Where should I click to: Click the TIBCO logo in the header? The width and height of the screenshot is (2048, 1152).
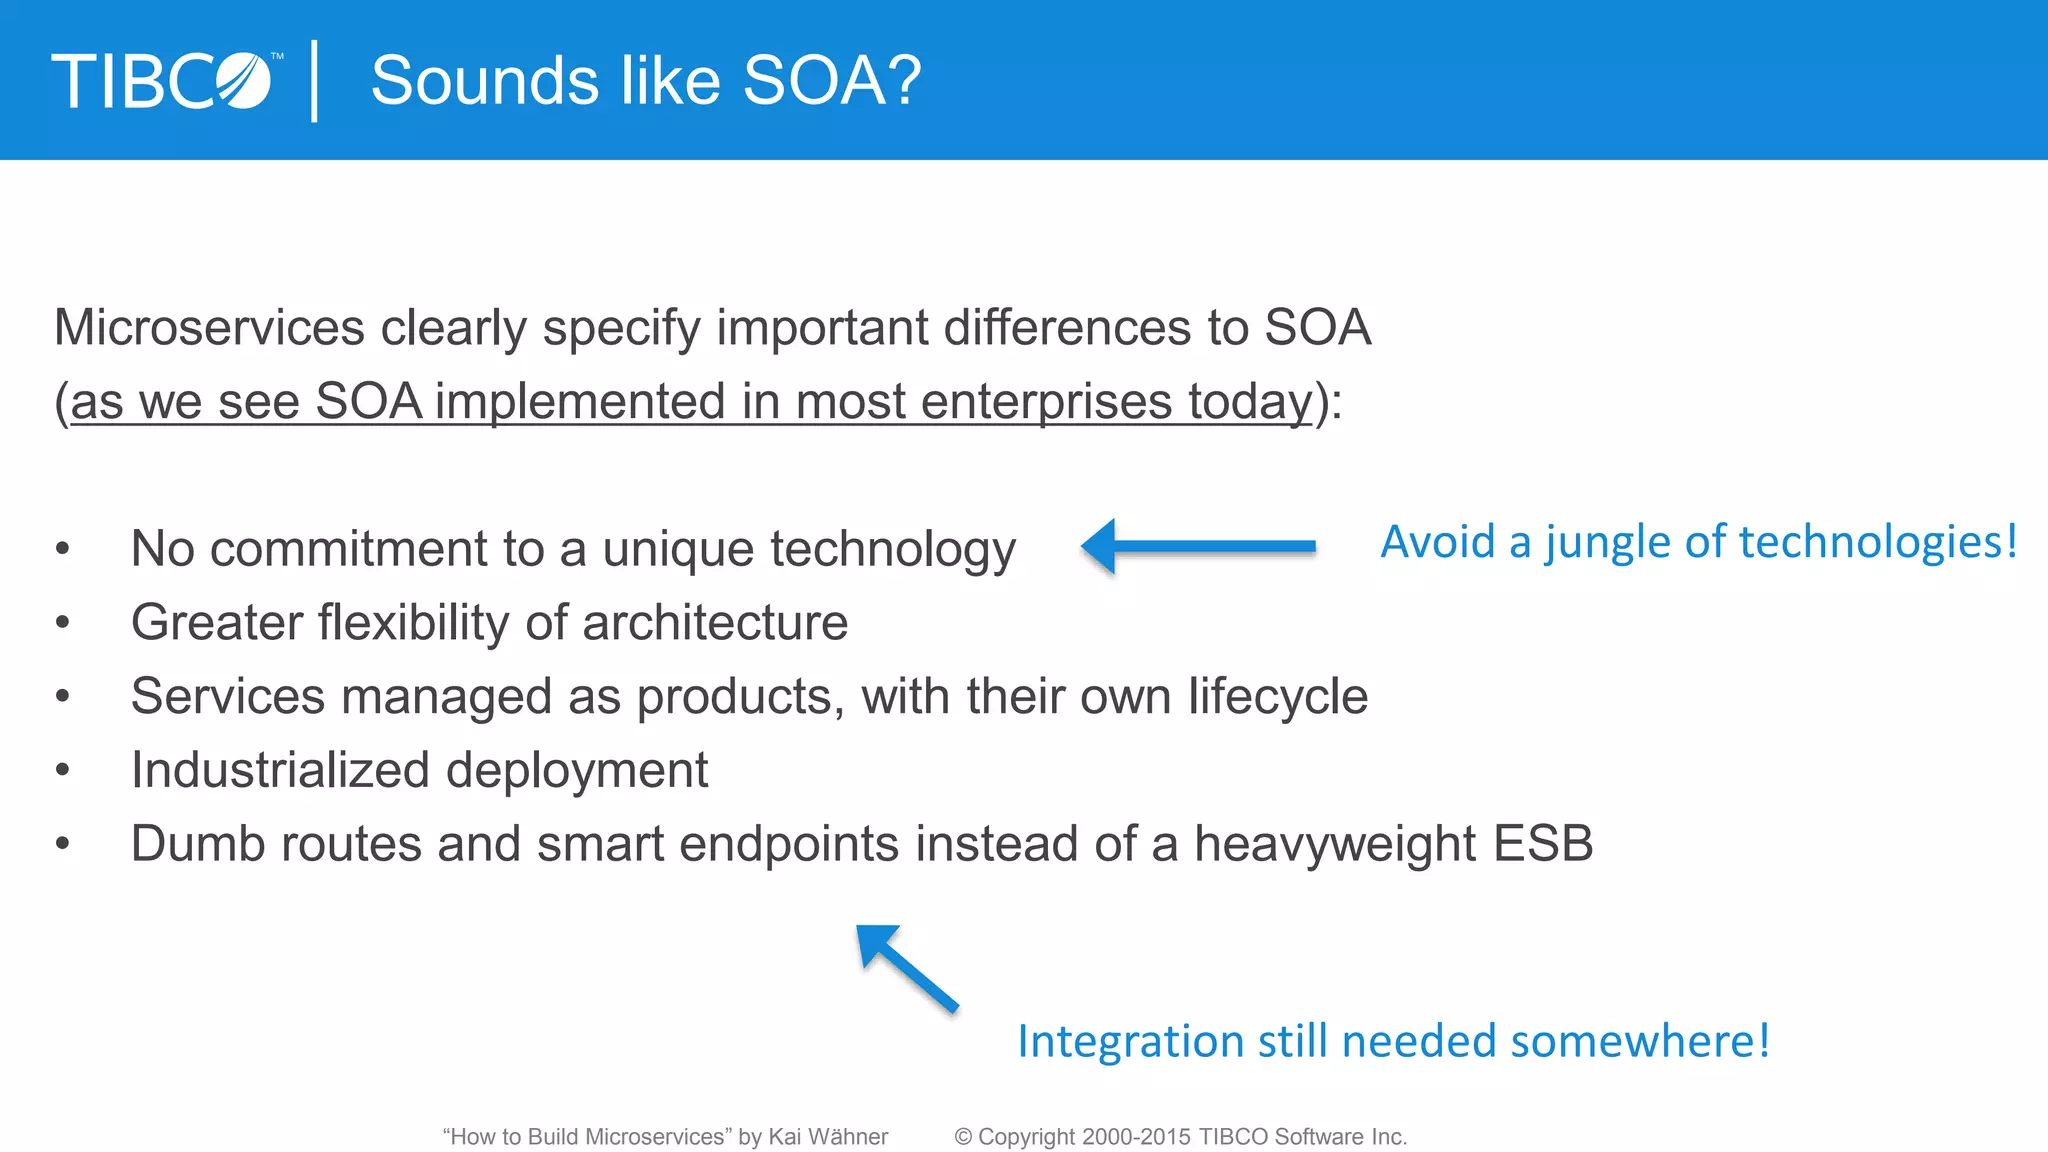point(165,81)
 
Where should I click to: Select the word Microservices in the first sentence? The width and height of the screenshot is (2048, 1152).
point(209,328)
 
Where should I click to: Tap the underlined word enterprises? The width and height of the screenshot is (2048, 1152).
point(1045,402)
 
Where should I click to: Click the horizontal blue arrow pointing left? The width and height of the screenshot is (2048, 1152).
point(1199,546)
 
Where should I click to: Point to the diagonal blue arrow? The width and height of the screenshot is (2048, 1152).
point(906,967)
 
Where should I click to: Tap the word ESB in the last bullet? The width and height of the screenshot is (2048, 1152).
point(1542,844)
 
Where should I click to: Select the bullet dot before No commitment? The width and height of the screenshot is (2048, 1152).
point(63,549)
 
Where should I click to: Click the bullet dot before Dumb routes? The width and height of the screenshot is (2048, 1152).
point(63,844)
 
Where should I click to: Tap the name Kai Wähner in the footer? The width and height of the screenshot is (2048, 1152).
point(828,1137)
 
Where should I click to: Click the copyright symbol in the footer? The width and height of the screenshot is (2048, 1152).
point(963,1137)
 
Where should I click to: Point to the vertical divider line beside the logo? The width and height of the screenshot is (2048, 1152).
point(315,81)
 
